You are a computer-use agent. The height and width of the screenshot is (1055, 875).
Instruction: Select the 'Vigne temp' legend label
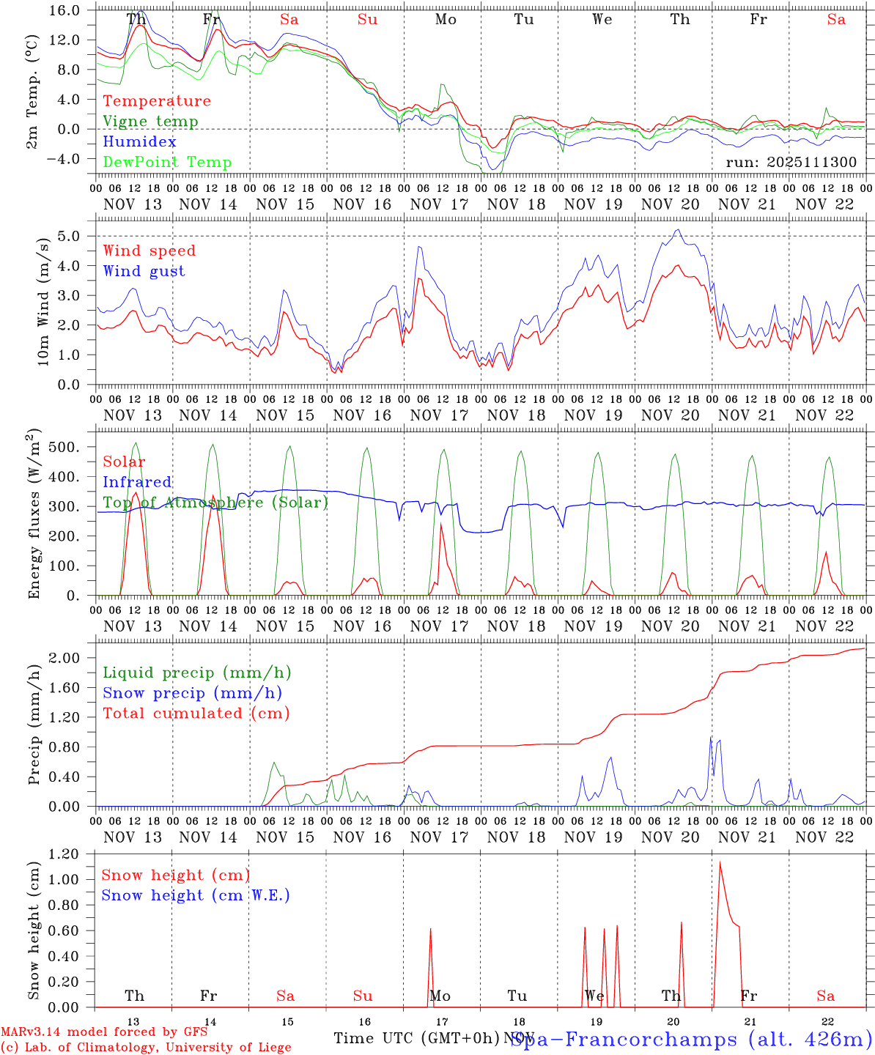coord(150,122)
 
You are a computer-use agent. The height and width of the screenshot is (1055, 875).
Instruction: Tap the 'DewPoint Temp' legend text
coord(167,163)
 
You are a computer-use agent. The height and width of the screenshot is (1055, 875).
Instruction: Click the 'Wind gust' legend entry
coord(144,271)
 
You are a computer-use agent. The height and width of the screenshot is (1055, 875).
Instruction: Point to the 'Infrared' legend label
coord(137,482)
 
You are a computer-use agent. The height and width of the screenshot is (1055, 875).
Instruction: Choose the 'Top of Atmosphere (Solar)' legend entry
coord(215,503)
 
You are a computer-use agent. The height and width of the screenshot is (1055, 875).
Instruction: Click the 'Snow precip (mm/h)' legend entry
coord(192,693)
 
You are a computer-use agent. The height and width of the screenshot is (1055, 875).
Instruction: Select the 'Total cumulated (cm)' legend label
coord(196,714)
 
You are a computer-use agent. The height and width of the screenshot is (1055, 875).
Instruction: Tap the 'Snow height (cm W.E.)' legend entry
coord(196,895)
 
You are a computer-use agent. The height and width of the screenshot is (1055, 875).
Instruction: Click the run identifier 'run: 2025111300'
coord(791,163)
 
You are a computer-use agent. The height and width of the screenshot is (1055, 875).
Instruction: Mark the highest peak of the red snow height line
coord(720,862)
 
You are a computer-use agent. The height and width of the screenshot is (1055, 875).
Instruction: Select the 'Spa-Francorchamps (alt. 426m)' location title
coord(690,1039)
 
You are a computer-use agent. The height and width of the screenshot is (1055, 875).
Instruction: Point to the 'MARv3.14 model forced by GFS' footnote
coord(103,1032)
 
